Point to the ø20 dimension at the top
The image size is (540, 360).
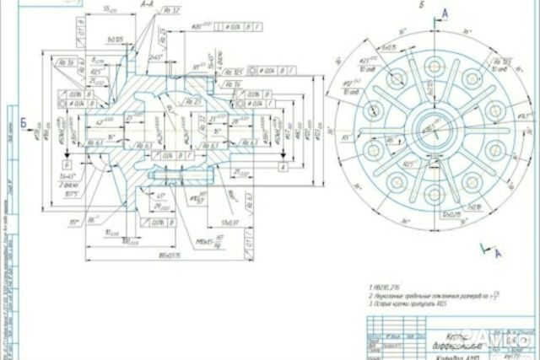pos(194,28)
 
